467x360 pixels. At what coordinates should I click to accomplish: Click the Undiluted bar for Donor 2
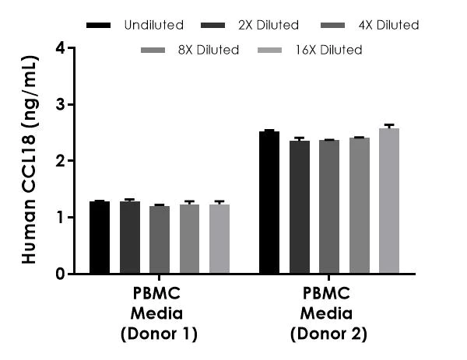pos(269,202)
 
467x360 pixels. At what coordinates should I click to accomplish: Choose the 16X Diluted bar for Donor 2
pos(389,201)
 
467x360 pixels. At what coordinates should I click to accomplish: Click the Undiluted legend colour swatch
pos(99,25)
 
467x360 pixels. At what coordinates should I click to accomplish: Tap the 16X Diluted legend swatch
pos(282,51)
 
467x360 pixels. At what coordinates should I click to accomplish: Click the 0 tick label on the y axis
pos(60,274)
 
